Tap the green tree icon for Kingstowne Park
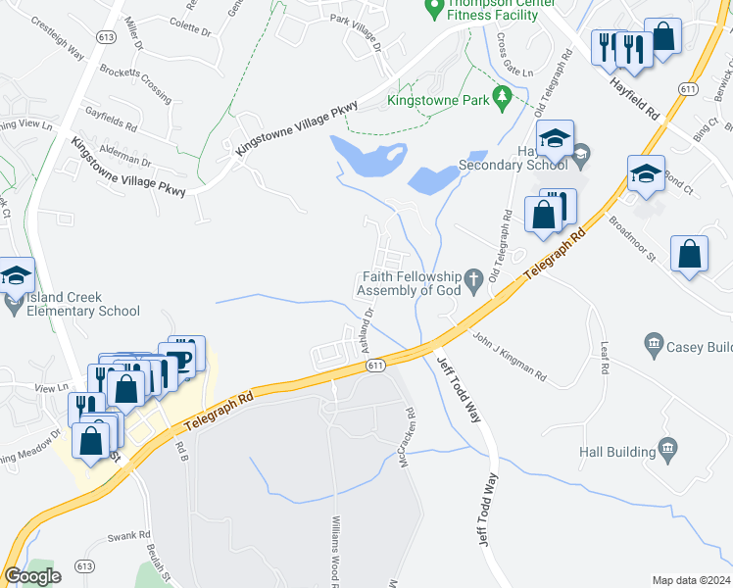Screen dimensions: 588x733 pos(502,96)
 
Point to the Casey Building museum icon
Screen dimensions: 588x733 pos(654,344)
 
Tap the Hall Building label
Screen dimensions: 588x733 pos(615,452)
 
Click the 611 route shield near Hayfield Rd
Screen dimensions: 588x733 pos(688,89)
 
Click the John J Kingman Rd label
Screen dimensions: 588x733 pos(509,356)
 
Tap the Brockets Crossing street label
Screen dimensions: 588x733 pos(135,76)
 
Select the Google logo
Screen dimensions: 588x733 pos(33,576)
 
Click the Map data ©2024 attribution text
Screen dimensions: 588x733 pos(692,580)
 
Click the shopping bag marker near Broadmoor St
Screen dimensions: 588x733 pos(689,254)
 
